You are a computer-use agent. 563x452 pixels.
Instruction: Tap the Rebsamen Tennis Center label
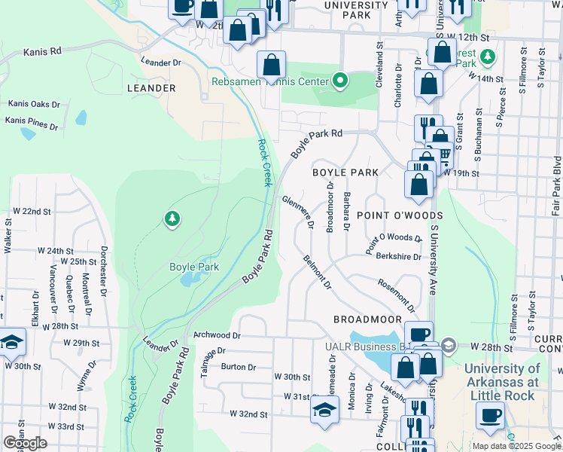[270, 81]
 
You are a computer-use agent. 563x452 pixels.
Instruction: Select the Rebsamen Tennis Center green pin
[340, 81]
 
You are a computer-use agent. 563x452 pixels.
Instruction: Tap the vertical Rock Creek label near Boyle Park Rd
[263, 162]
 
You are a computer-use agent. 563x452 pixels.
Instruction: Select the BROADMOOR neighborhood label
[365, 319]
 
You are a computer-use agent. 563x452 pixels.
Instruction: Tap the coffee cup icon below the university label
[491, 414]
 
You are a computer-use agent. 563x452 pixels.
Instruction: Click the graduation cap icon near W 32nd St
[324, 410]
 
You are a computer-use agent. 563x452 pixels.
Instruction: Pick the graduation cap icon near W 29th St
[12, 343]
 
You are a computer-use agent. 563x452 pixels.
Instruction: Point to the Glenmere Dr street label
[297, 213]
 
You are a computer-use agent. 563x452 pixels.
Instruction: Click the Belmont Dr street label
[317, 272]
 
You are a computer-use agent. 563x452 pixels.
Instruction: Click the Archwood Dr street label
[217, 334]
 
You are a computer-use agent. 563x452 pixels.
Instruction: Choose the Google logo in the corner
[25, 443]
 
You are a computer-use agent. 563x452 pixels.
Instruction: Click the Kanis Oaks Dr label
[33, 104]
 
